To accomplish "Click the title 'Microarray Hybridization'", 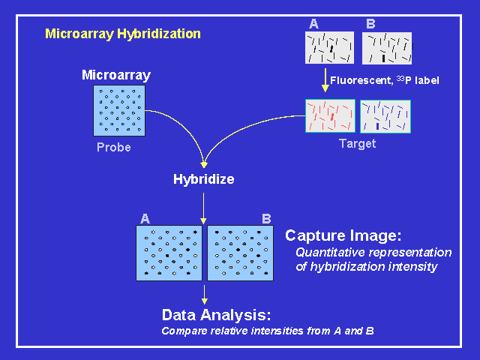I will (x=123, y=34).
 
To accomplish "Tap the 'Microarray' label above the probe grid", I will (x=116, y=75).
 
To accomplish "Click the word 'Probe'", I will (x=114, y=148).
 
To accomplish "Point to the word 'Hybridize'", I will (x=204, y=179).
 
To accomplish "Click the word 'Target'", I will (x=358, y=144).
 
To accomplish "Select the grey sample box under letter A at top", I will (x=329, y=48).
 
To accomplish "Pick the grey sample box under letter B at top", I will (x=387, y=48).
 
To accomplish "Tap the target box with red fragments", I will (x=330, y=116).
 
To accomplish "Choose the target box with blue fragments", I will (x=386, y=116).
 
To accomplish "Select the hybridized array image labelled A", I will (x=169, y=253).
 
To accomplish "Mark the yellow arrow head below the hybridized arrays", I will (x=204, y=300).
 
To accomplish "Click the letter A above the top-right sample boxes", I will (x=313, y=24).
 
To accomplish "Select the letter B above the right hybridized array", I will (x=266, y=219).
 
